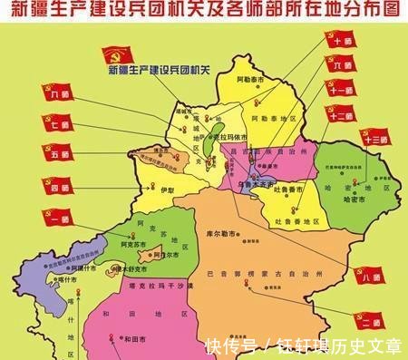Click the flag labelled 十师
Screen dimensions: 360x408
click(x=341, y=42)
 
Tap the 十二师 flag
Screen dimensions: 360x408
click(x=341, y=114)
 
